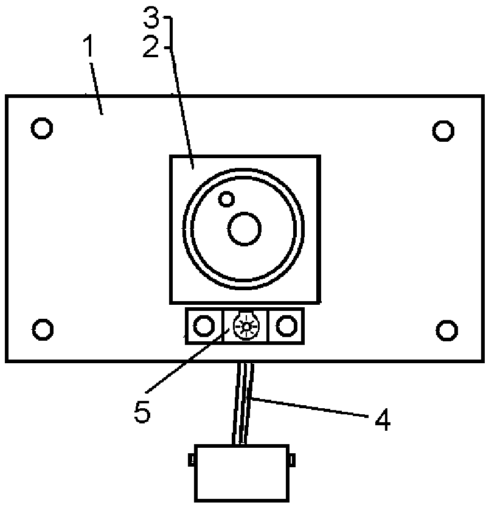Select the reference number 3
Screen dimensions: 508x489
151,19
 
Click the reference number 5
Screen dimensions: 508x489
142,411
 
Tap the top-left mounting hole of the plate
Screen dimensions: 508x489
42,128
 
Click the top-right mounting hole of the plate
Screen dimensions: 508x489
443,130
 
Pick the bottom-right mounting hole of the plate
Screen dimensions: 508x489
447,329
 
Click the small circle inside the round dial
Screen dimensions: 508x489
227,198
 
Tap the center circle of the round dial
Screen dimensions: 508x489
244,229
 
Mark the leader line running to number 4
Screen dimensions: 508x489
310,407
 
